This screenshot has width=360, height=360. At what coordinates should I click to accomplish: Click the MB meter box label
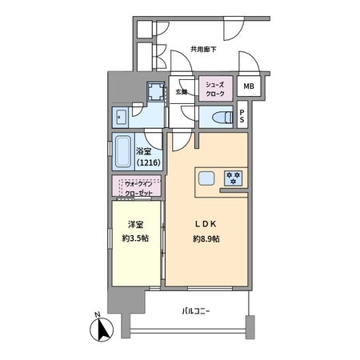pyautogui.click(x=249, y=86)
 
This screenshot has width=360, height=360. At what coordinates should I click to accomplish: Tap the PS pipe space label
pyautogui.click(x=242, y=116)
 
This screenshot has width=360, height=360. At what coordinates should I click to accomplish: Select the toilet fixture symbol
pyautogui.click(x=222, y=117)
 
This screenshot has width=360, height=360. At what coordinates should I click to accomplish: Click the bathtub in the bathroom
pyautogui.click(x=123, y=152)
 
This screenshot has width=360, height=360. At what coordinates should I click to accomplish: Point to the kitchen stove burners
pyautogui.click(x=234, y=178)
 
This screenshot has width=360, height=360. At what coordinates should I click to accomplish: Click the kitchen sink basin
pyautogui.click(x=206, y=178)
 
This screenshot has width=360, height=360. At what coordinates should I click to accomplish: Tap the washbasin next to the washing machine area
pyautogui.click(x=121, y=118)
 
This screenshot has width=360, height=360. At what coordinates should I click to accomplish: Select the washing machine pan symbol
pyautogui.click(x=156, y=91)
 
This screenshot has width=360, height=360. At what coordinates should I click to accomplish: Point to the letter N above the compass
pyautogui.click(x=98, y=314)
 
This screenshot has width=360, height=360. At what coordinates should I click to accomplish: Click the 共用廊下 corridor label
pyautogui.click(x=203, y=50)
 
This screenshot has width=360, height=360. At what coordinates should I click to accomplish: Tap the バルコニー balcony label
pyautogui.click(x=196, y=311)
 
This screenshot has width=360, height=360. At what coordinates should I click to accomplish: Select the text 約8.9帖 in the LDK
pyautogui.click(x=206, y=239)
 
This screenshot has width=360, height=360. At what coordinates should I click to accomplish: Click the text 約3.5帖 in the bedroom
pyautogui.click(x=135, y=238)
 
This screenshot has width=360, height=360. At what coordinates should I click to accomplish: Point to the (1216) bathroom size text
pyautogui.click(x=149, y=162)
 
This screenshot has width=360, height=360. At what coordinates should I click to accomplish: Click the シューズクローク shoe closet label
pyautogui.click(x=215, y=90)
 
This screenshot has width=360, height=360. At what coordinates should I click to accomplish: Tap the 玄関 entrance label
pyautogui.click(x=182, y=92)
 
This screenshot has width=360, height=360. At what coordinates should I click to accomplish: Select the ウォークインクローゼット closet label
pyautogui.click(x=138, y=189)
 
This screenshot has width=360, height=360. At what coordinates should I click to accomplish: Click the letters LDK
pyautogui.click(x=206, y=224)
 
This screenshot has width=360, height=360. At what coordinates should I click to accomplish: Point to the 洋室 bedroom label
pyautogui.click(x=136, y=225)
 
